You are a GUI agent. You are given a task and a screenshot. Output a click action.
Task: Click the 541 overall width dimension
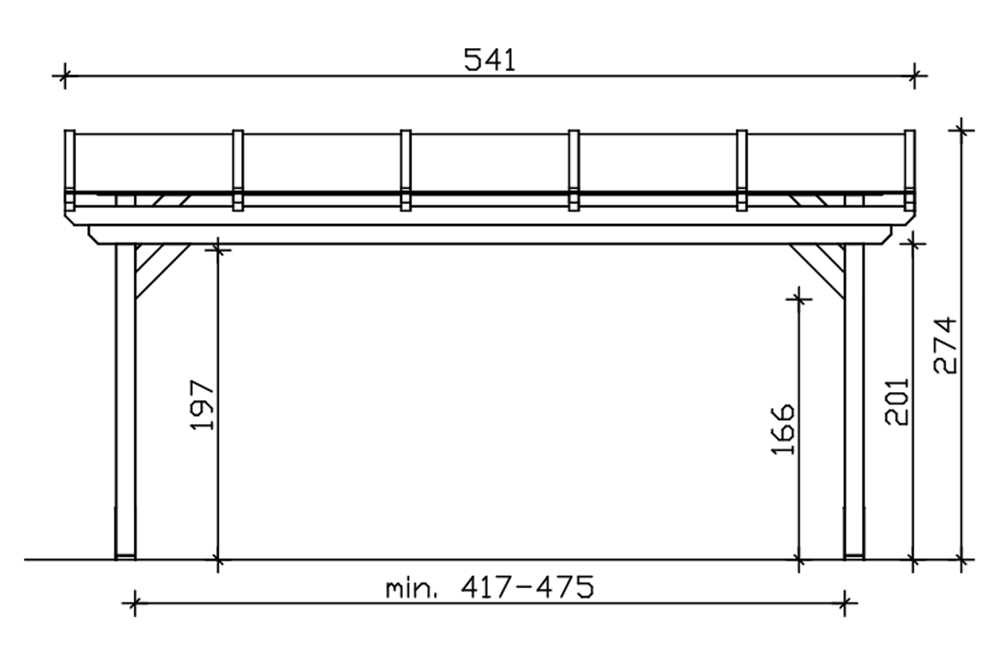(x=490, y=60)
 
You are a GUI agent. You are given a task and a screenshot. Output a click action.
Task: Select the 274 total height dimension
(x=945, y=345)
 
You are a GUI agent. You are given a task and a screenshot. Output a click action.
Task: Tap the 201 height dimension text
(x=896, y=401)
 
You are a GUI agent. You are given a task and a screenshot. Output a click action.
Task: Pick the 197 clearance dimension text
(x=202, y=405)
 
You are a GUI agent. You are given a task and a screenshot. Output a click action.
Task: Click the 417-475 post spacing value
(x=527, y=587)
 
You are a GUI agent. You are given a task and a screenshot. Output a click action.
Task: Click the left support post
(x=125, y=401)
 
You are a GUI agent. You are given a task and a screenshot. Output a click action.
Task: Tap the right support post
(x=855, y=401)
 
